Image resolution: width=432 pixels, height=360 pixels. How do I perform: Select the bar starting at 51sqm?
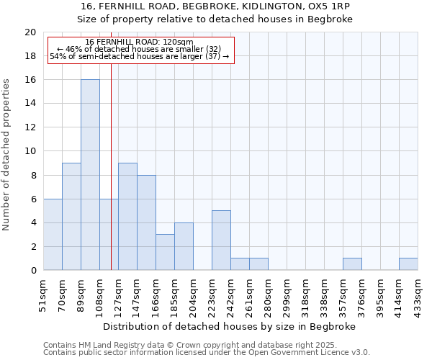[53, 235]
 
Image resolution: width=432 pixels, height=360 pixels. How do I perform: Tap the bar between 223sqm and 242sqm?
[221, 240]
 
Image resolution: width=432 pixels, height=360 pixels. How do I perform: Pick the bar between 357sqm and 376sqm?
[352, 264]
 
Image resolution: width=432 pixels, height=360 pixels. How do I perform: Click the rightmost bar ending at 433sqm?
[408, 264]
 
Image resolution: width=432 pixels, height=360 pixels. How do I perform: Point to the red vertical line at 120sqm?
[111, 166]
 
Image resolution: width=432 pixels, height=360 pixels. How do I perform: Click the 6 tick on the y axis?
[32, 199]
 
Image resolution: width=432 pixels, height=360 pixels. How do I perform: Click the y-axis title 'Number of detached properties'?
[7, 154]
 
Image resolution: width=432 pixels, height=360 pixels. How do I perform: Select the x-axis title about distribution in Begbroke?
[230, 326]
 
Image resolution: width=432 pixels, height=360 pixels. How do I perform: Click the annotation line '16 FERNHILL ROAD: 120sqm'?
[139, 42]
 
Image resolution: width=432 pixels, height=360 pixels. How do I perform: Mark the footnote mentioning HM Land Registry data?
[180, 345]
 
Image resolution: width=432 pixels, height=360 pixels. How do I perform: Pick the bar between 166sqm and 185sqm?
[165, 252]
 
